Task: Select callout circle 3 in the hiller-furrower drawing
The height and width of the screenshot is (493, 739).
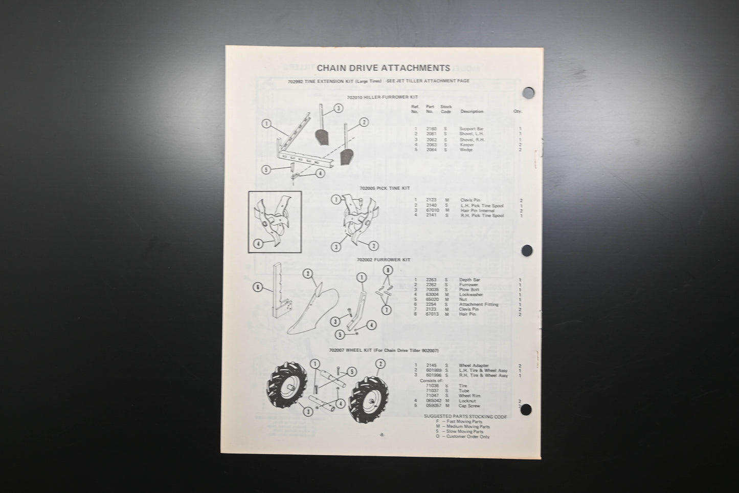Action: click(x=338, y=108)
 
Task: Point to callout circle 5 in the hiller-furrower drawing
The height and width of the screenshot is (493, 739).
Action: click(x=265, y=170)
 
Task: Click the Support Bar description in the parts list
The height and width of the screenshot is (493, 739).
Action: click(x=472, y=129)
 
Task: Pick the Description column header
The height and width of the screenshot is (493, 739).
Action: click(x=472, y=111)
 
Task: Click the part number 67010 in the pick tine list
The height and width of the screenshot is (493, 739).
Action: click(x=432, y=210)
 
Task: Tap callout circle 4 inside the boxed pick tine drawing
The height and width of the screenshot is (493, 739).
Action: click(x=258, y=244)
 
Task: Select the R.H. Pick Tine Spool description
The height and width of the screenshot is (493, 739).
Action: click(x=481, y=216)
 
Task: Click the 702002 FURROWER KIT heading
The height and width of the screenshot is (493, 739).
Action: click(x=384, y=260)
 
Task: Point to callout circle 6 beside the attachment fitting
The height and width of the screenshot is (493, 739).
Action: click(x=258, y=288)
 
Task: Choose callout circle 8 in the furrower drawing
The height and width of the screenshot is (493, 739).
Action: click(x=388, y=269)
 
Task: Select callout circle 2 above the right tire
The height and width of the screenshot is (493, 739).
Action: click(x=379, y=364)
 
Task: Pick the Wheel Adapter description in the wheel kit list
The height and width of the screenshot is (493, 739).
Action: click(x=474, y=366)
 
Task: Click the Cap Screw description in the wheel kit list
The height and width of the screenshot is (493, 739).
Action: click(x=469, y=406)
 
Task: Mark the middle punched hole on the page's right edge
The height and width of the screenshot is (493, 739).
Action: click(x=527, y=250)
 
